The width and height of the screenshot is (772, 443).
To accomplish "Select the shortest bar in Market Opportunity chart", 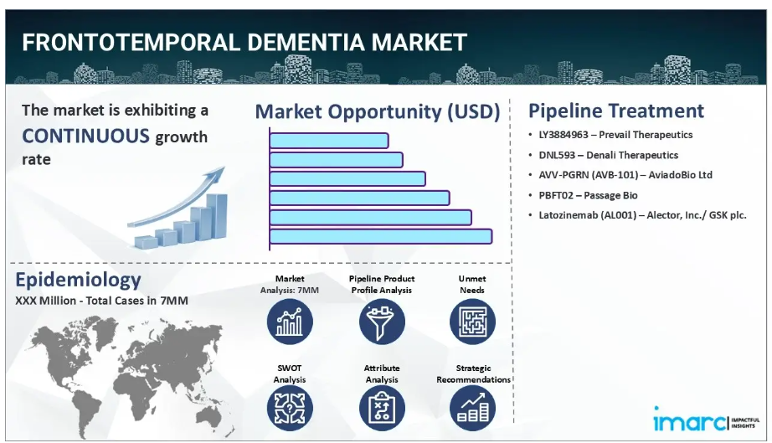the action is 329,141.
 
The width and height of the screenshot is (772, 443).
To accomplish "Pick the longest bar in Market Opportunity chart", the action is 381,236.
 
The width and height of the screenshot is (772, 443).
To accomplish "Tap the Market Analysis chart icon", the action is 290,322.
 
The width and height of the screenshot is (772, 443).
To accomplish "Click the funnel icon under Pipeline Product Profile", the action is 382,322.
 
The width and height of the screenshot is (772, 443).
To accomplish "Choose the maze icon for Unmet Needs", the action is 472,322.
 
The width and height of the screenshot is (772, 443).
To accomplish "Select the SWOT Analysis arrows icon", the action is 290,408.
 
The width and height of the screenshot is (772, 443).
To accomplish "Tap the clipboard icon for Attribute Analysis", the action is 382,408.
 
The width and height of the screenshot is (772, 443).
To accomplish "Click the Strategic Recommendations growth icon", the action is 472,408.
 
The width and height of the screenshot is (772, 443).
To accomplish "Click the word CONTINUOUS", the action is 85,136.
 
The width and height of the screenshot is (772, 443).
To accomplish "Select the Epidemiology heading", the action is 78,280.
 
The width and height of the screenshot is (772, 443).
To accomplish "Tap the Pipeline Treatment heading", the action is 616,111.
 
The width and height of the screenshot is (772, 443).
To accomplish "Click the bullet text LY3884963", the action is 564,134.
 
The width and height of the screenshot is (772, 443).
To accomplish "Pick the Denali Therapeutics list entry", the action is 608,155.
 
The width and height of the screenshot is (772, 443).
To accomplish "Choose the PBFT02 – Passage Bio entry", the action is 588,195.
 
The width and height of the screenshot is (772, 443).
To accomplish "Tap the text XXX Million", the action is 45,301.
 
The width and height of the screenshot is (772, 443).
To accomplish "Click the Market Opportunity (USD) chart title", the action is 378,111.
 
